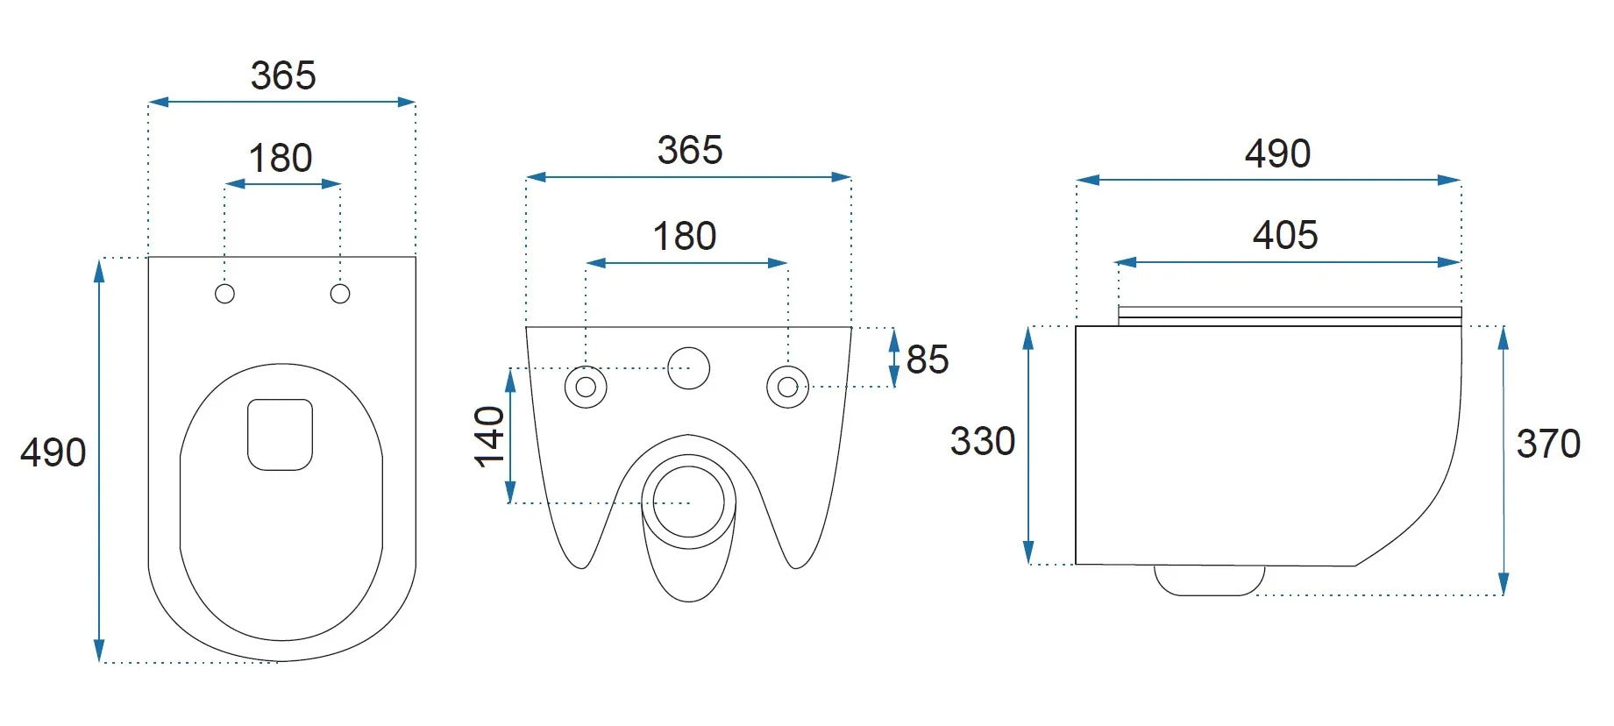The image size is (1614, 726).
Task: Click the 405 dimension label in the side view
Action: pyautogui.click(x=1285, y=235)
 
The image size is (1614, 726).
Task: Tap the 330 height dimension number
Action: pyautogui.click(x=983, y=441)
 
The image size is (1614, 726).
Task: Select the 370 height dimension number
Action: pyautogui.click(x=1548, y=444)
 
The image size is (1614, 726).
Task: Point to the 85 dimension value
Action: pyautogui.click(x=928, y=359)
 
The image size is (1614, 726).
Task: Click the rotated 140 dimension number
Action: pyautogui.click(x=490, y=437)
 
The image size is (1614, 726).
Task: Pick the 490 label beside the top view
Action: pyautogui.click(x=53, y=452)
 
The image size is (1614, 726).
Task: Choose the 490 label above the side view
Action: pyautogui.click(x=1277, y=153)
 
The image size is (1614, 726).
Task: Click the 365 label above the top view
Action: pyautogui.click(x=283, y=75)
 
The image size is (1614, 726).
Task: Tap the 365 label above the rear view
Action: pyautogui.click(x=690, y=150)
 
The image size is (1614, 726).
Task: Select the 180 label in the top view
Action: pyautogui.click(x=281, y=159)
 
